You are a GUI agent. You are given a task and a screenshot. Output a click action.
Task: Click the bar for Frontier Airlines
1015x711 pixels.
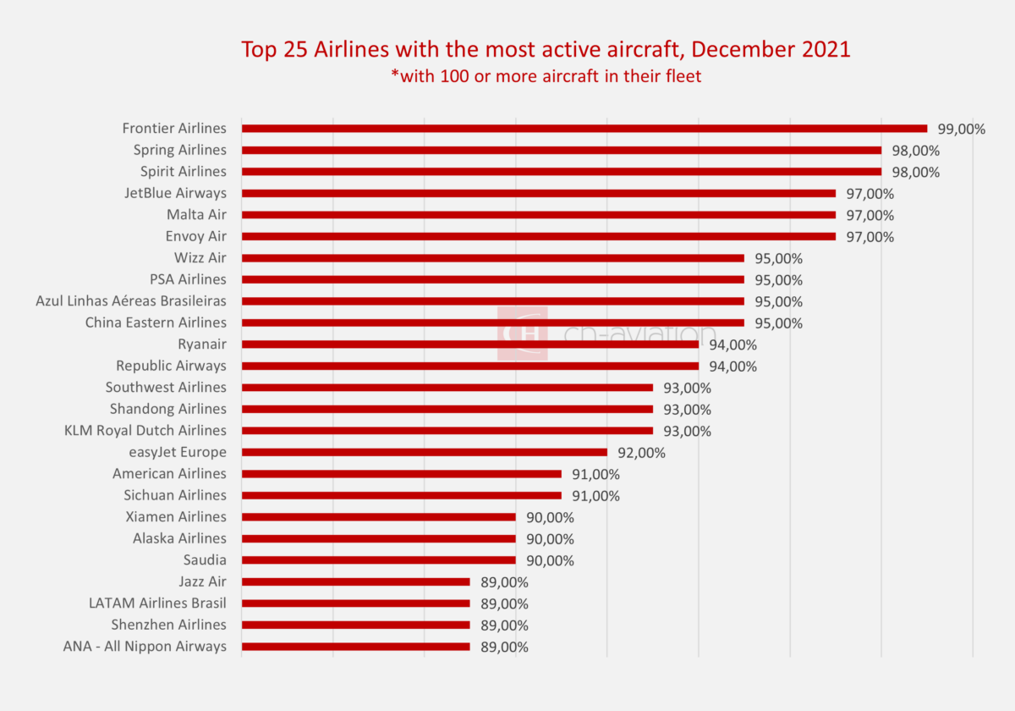(x=584, y=129)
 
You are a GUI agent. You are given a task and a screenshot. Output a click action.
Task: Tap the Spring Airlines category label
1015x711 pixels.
(x=179, y=150)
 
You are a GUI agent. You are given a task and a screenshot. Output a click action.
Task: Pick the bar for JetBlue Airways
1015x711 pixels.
(x=538, y=193)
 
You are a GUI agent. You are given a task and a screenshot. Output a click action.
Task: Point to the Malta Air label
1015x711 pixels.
(x=196, y=215)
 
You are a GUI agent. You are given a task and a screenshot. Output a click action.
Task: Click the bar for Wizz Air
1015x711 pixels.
(x=492, y=258)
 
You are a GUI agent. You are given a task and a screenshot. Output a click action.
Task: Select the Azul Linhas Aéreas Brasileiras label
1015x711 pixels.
(x=131, y=300)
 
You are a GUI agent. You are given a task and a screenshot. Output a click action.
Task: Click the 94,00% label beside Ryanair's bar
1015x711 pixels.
(x=733, y=345)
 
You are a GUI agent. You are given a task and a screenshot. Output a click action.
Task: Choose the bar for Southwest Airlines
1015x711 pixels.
(x=447, y=388)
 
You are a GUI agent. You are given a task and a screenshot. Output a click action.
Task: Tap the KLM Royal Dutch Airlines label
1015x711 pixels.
(x=145, y=430)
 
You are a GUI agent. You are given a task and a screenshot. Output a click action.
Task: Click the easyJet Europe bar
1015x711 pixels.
(x=424, y=452)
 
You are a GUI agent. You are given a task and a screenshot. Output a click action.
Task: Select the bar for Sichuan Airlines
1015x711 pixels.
(x=401, y=495)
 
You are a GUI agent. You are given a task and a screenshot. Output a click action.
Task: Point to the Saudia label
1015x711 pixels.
(x=205, y=559)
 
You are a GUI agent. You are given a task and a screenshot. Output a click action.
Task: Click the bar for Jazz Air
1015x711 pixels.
(x=355, y=581)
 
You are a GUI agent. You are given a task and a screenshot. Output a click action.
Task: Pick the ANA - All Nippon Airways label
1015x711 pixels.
(x=145, y=646)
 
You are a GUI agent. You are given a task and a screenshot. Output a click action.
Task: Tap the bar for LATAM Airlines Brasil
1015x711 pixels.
(x=355, y=604)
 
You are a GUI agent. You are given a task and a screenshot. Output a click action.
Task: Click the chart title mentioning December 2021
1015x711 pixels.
(x=546, y=49)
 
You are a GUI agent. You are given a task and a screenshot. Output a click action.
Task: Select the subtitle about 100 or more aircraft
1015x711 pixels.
(x=546, y=76)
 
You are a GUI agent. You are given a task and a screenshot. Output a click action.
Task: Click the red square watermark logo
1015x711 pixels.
(x=522, y=333)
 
